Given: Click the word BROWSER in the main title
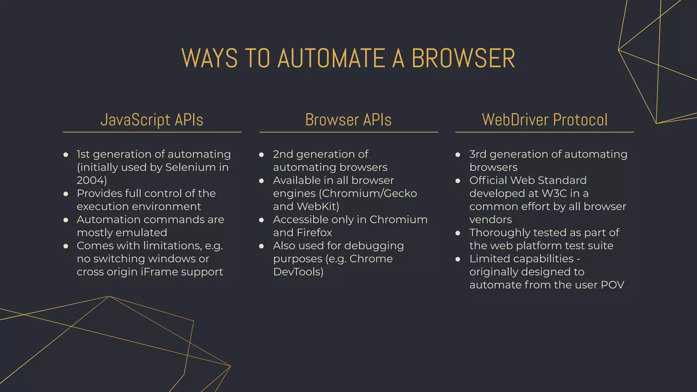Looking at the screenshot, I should pos(463,59).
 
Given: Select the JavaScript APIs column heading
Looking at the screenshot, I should pos(152,120).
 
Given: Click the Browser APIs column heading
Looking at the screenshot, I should pos(348,120).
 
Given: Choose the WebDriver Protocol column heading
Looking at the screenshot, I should pos(545,120).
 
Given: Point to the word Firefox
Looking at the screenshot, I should pos(314,233).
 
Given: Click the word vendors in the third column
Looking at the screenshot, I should pos(490,220).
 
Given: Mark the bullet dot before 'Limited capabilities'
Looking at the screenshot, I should pos(458,259).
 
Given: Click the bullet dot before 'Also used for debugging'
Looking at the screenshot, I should pos(261,246).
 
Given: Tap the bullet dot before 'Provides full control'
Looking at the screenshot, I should pos(66,194).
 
